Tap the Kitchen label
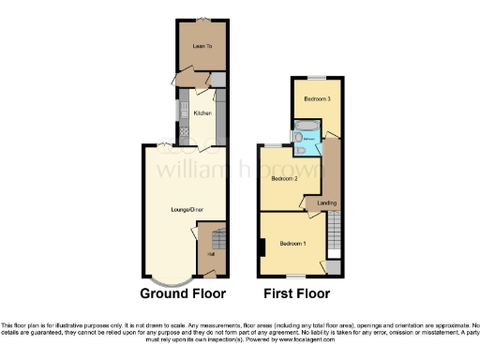point(202,113)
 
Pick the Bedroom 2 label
point(284,177)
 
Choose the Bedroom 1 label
point(292,244)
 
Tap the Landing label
point(327,202)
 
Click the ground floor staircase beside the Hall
point(217,239)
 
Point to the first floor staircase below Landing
point(333,234)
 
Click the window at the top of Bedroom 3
point(317,77)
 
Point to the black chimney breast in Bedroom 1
point(262,247)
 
